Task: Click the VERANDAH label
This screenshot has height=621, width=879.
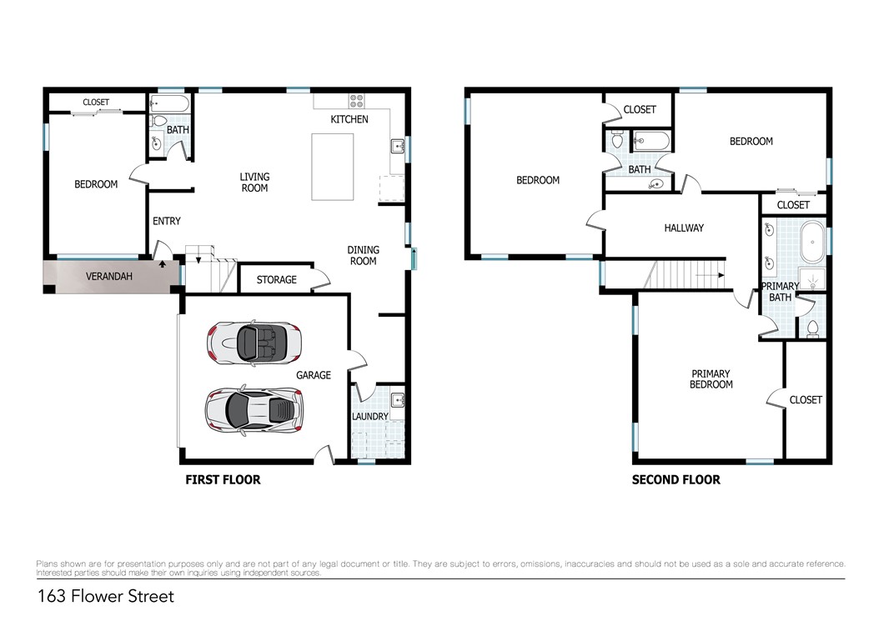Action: click(x=108, y=276)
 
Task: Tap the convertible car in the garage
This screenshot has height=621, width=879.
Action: click(x=254, y=343)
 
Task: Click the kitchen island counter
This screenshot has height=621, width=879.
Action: click(x=333, y=167)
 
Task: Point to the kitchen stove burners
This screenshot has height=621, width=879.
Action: click(x=357, y=101)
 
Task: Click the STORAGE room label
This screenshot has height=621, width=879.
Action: click(x=276, y=280)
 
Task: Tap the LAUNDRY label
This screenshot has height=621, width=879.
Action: click(x=370, y=417)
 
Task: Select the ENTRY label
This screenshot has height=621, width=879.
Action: click(x=167, y=222)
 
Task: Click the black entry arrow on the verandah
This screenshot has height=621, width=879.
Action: click(x=163, y=263)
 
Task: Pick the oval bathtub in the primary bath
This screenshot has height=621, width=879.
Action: click(x=811, y=242)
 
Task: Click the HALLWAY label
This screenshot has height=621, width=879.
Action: click(x=684, y=228)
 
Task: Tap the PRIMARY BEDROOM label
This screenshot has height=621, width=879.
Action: click(x=711, y=379)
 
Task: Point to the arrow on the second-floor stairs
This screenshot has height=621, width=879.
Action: click(x=710, y=275)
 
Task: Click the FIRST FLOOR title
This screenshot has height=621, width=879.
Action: click(x=224, y=480)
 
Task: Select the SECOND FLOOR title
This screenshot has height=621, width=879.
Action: click(x=676, y=480)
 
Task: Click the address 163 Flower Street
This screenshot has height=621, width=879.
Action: click(x=106, y=596)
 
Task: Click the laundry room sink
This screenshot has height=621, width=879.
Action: click(x=398, y=400)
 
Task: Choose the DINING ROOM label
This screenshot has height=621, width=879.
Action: click(x=364, y=256)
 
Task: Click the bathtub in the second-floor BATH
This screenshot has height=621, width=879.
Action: click(x=650, y=141)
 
